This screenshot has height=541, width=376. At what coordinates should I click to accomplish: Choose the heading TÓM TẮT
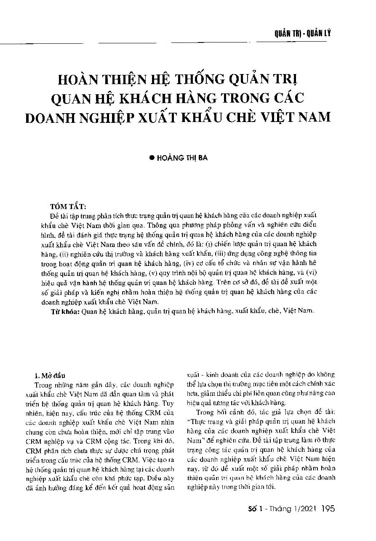(x=68, y=207)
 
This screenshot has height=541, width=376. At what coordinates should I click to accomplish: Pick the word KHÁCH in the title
(x=160, y=98)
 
